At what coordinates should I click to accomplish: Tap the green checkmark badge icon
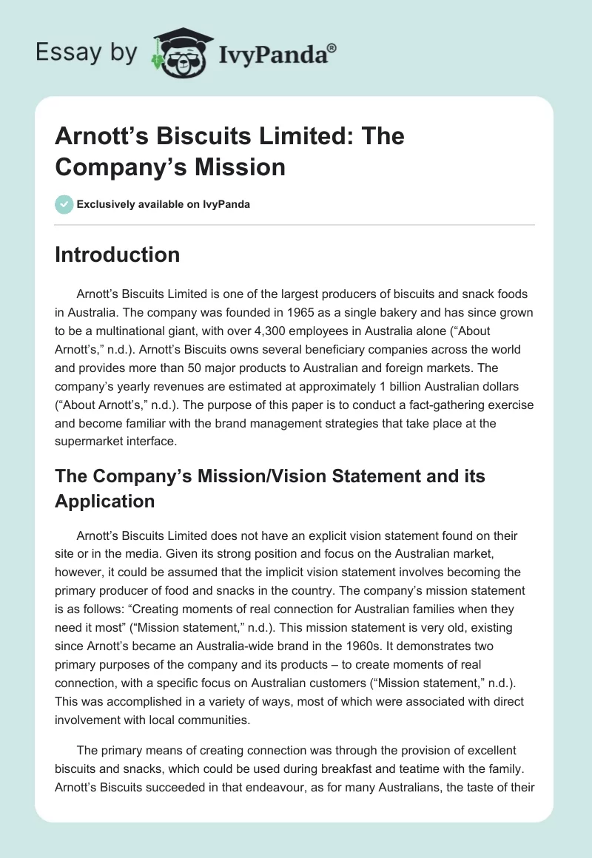pyautogui.click(x=64, y=204)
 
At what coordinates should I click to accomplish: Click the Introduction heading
pyautogui.click(x=117, y=254)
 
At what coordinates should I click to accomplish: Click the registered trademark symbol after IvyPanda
pyautogui.click(x=332, y=46)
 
